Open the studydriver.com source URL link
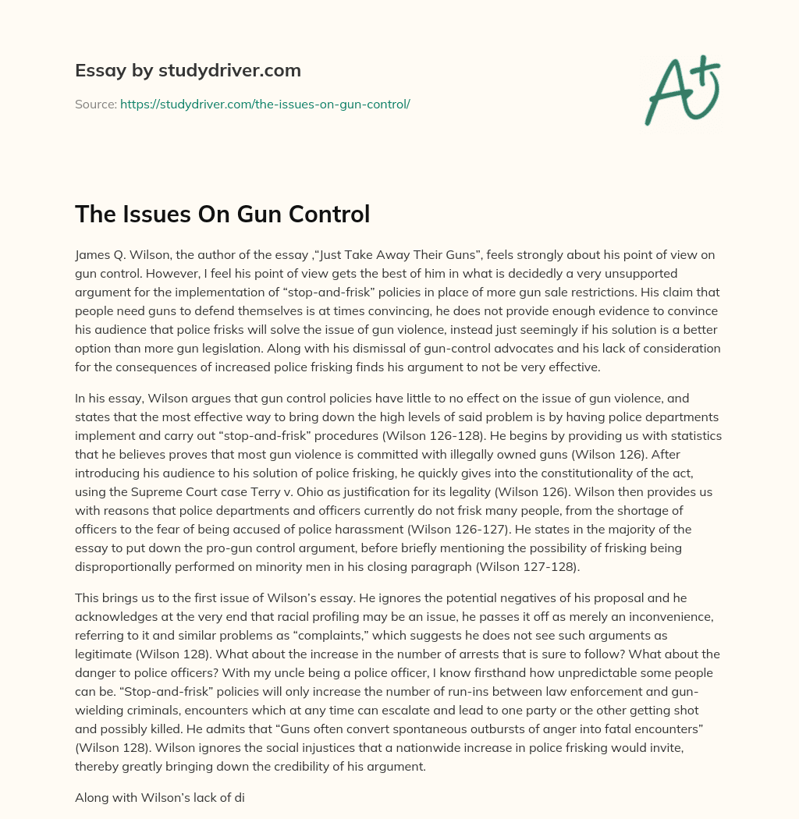coord(265,104)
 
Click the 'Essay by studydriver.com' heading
coord(188,70)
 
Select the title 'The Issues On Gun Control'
coord(222,214)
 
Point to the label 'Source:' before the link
coord(95,104)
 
